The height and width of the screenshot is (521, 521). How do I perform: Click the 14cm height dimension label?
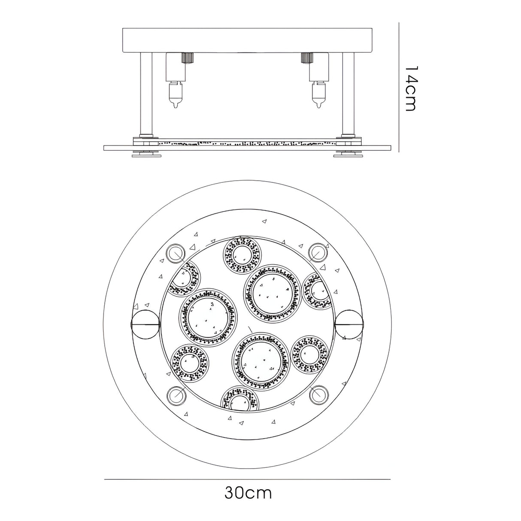(410, 88)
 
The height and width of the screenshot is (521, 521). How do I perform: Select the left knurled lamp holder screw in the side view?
(187, 57)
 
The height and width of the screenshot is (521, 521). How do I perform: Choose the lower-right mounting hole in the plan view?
(318, 394)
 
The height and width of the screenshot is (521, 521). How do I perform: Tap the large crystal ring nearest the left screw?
(205, 318)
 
